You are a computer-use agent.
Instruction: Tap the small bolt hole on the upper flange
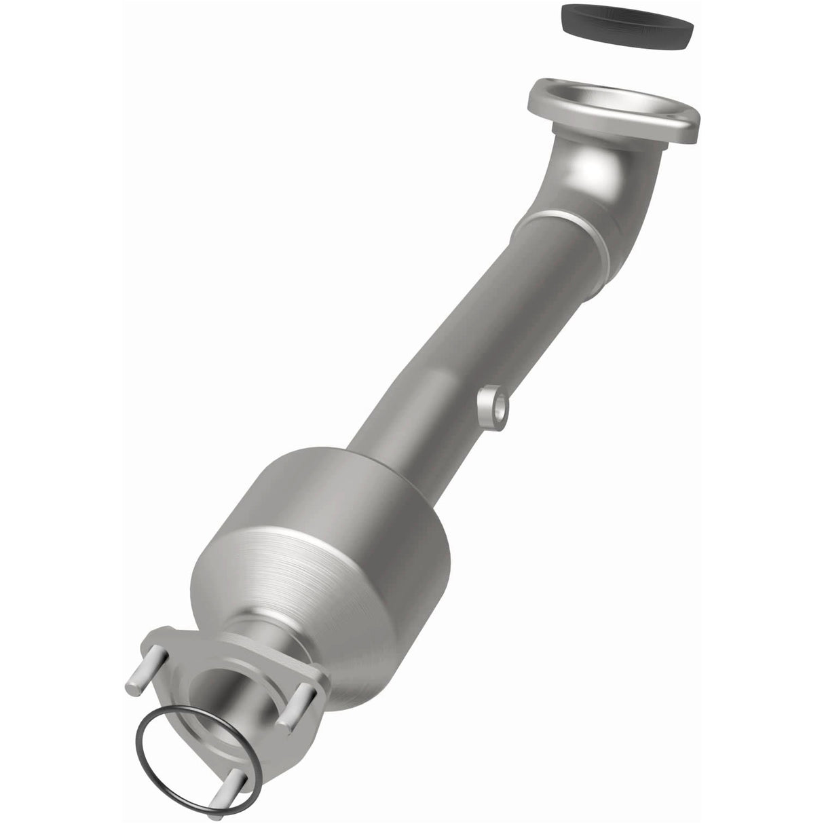[682, 123]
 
